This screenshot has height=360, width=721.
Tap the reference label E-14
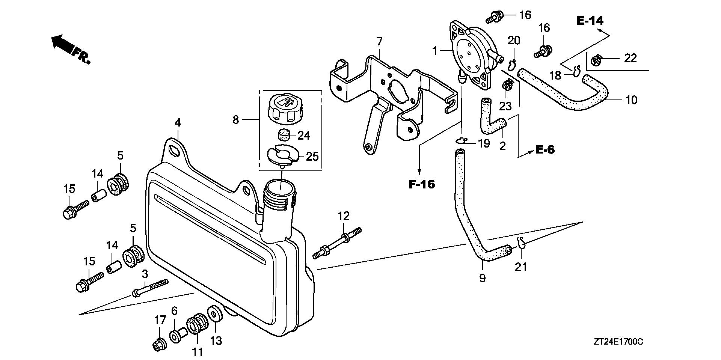(x=590, y=21)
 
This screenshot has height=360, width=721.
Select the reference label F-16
(x=422, y=184)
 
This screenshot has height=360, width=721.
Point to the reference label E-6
(x=545, y=150)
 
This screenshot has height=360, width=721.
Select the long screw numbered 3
(x=149, y=288)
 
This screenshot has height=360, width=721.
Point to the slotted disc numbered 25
(x=282, y=155)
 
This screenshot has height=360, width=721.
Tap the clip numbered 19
(x=461, y=141)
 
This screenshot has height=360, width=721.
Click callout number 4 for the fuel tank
(x=178, y=123)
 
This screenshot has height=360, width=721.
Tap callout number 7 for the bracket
(x=379, y=41)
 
